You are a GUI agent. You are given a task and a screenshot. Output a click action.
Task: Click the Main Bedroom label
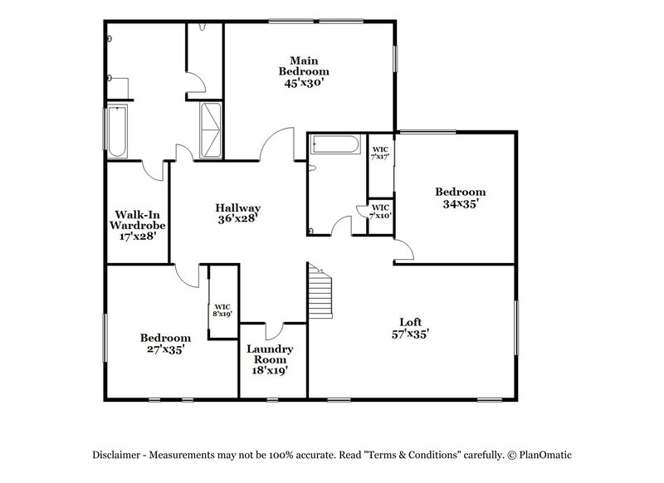click(x=300, y=66)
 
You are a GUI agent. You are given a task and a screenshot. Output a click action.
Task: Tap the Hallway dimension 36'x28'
click(x=238, y=219)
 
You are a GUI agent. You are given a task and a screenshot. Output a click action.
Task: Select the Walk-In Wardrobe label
click(x=138, y=218)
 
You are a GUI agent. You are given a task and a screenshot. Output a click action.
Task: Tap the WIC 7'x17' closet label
click(x=381, y=153)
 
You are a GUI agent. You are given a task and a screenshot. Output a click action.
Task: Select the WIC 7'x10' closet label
click(x=381, y=212)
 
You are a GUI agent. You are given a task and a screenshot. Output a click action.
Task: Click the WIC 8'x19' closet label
click(x=222, y=310)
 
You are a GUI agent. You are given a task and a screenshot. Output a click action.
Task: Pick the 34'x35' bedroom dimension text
click(x=461, y=203)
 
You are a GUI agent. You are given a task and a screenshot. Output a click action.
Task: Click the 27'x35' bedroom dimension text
click(x=165, y=350)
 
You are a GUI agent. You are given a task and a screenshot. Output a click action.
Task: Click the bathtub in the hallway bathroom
click(x=335, y=147)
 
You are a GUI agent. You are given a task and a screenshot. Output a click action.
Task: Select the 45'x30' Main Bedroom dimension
click(x=300, y=82)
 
